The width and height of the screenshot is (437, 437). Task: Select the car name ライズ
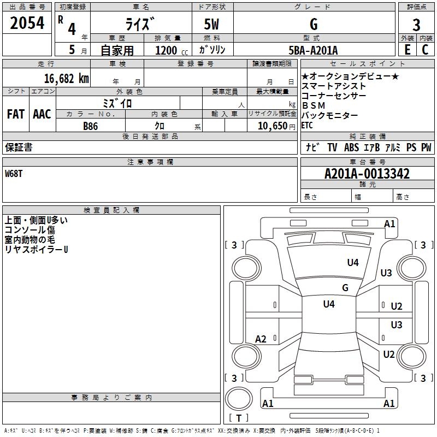pos(141,24)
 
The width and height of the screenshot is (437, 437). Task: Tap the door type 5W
pos(212,24)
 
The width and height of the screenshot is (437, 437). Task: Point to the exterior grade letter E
pos(407,49)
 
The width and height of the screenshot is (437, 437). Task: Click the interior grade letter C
pos(425,49)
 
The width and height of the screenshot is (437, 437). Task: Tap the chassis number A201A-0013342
pos(367,174)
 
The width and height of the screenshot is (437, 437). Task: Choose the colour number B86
pos(91,126)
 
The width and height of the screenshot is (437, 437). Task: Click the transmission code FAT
pos(16,114)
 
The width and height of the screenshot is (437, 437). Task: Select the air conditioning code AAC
pos(42,114)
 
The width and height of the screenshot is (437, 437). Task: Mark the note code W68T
pos(15,174)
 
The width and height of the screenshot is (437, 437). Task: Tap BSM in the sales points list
pos(314,105)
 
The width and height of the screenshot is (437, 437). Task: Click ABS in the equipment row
pos(351,147)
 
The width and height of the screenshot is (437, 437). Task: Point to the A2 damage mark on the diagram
pos(261,339)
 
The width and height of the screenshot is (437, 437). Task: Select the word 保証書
pos(18,147)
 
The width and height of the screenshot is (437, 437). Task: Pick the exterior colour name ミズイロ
pos(117,103)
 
